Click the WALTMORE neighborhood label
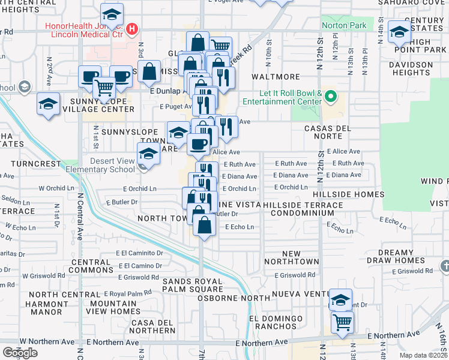click(276, 77)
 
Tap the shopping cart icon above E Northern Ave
click(342, 322)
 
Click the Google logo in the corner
click(20, 353)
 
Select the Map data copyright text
click(426, 355)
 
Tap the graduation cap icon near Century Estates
click(399, 31)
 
